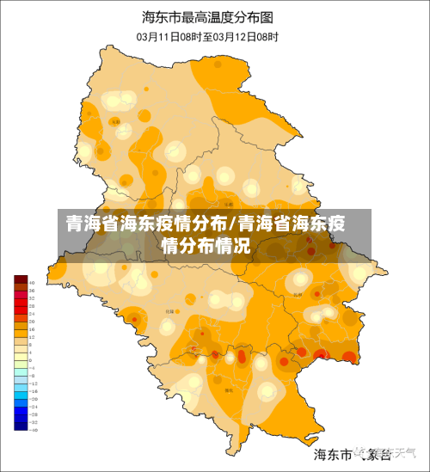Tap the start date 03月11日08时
tap(169, 37)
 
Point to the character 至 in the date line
tap(208, 37)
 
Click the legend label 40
tap(32, 283)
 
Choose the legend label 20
tap(32, 321)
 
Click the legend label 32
tap(32, 298)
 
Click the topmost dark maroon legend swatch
tap(21, 280)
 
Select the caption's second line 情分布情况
tap(206, 246)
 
